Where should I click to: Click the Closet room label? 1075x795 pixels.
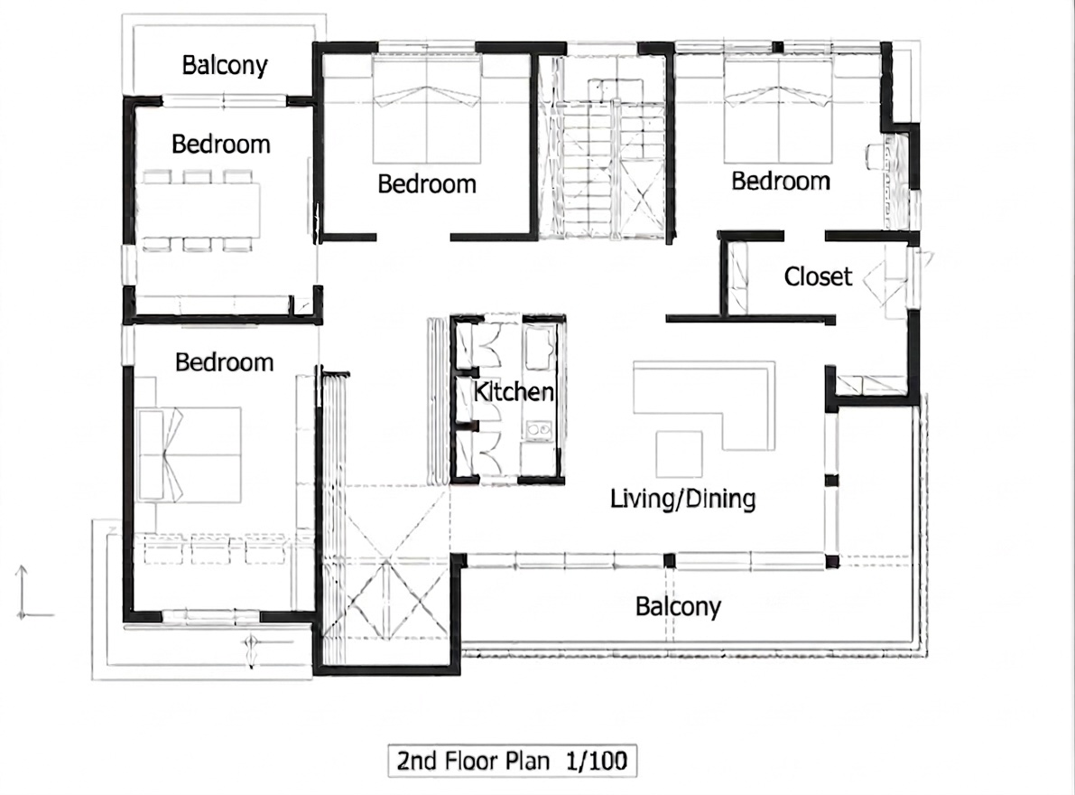tap(817, 276)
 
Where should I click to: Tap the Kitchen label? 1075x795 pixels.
tap(514, 392)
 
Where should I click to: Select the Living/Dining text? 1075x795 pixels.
tap(683, 499)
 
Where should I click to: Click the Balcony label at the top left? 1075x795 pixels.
tap(224, 65)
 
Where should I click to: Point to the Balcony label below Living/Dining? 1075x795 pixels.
tap(678, 606)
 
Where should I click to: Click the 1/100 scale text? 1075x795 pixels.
tap(597, 761)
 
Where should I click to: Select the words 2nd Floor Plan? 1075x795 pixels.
tap(474, 761)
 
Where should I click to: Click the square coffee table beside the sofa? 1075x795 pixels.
tap(679, 454)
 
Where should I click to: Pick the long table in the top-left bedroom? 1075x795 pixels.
tap(199, 210)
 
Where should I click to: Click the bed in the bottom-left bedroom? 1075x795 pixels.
tap(190, 454)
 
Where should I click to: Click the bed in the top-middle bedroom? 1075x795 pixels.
tap(426, 109)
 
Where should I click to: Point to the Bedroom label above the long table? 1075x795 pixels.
tap(221, 144)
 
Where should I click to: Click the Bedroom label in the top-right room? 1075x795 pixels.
tap(781, 181)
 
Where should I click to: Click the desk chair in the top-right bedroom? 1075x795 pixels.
tap(875, 155)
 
